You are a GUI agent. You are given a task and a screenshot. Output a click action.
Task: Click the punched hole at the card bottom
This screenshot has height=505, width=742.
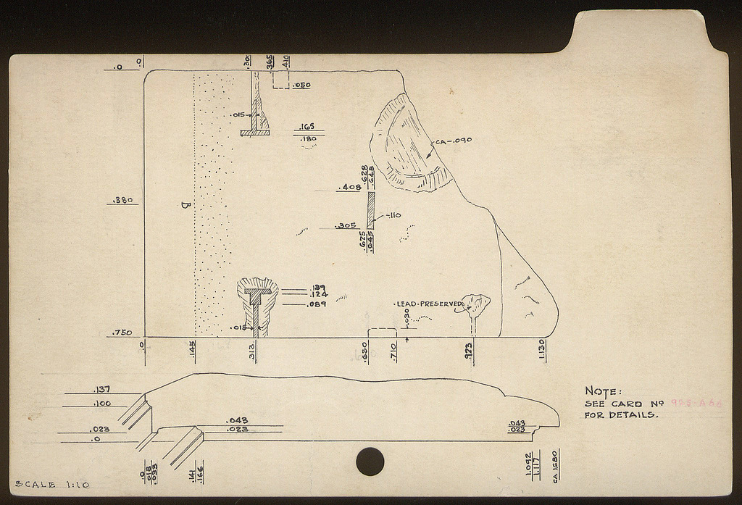[x=370, y=462]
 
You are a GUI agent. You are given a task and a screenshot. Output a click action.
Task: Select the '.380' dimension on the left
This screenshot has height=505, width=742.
[x=121, y=201]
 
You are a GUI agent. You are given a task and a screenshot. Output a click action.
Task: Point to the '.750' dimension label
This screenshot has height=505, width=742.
[x=121, y=333]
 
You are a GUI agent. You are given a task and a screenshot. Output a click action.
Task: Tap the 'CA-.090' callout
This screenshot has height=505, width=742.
[x=454, y=141]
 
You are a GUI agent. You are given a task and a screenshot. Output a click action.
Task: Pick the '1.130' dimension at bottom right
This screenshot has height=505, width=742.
[x=541, y=349]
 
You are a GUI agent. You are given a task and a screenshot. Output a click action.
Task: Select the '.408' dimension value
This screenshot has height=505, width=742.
[x=350, y=188]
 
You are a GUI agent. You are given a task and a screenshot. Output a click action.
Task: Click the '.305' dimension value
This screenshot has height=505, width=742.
[x=346, y=225]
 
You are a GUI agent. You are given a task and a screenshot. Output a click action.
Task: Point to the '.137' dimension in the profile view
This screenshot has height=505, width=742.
[x=102, y=389]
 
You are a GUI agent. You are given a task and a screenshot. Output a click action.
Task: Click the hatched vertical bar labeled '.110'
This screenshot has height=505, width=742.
[x=370, y=210]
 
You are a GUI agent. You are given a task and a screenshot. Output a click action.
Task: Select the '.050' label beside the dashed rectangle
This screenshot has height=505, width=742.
[x=302, y=85]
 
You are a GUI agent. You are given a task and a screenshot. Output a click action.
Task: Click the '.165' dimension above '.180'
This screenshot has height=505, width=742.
[x=307, y=127]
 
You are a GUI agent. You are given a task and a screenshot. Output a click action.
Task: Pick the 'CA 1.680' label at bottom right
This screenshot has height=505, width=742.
[x=555, y=467]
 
